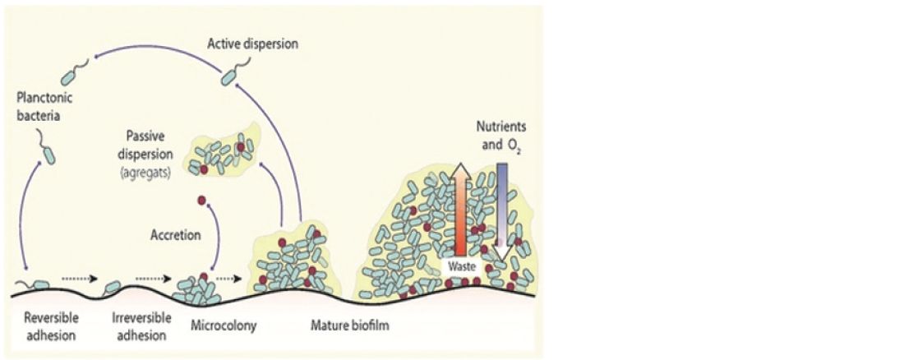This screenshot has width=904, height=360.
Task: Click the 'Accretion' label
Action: tap(175, 235)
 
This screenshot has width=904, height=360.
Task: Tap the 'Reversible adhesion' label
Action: tap(45, 327)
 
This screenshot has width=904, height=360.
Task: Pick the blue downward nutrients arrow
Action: tap(501, 205)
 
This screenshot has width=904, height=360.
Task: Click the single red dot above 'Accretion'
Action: tap(200, 201)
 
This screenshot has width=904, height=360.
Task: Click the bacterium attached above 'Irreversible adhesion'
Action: tap(113, 287)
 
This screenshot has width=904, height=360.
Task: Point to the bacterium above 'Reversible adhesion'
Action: tap(38, 284)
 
